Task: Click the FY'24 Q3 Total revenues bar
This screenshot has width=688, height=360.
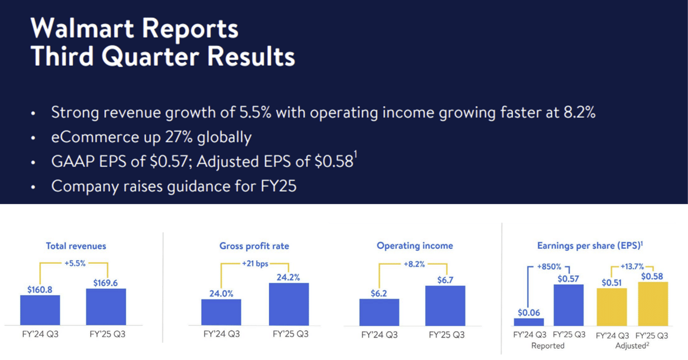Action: (x=40, y=310)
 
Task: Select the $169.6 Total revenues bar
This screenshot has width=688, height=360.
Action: (x=106, y=307)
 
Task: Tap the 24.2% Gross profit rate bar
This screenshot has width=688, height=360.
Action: (x=289, y=304)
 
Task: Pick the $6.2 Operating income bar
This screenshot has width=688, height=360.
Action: (x=379, y=312)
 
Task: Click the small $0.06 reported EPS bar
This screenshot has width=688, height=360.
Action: (x=528, y=321)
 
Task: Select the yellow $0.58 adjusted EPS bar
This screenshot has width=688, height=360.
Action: (x=653, y=304)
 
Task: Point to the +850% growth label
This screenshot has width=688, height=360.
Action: (x=549, y=267)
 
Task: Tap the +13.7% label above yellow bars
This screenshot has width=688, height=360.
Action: (x=632, y=267)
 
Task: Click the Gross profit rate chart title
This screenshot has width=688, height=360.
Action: (x=254, y=246)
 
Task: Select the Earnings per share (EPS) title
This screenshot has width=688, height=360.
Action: (x=590, y=246)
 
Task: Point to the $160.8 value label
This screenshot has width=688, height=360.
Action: (x=40, y=289)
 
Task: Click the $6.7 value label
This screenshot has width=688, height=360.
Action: (x=445, y=280)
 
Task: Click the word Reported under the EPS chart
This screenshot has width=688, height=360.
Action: (x=548, y=345)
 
